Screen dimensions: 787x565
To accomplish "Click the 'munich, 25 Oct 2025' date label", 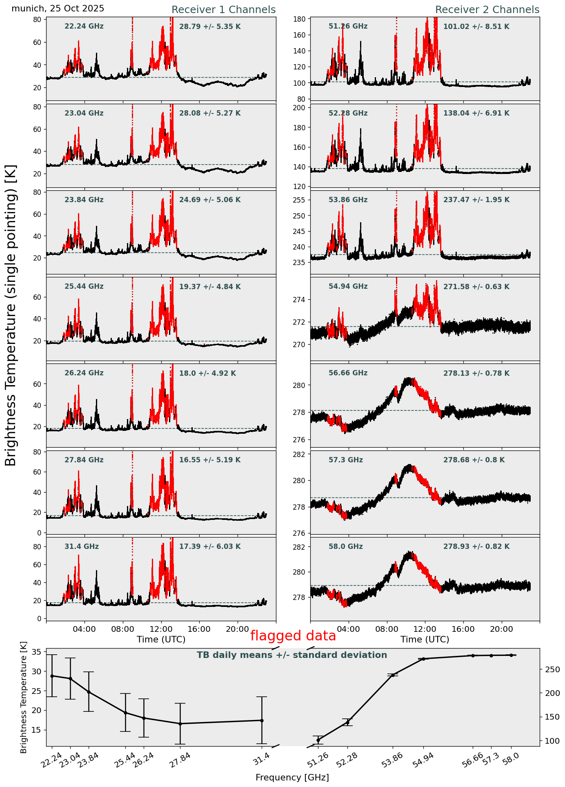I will [x=58, y=9].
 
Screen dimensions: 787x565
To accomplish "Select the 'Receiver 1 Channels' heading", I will [x=223, y=10].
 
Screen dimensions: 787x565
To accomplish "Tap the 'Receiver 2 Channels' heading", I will [x=487, y=10].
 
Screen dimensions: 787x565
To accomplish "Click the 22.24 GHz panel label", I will [x=84, y=27].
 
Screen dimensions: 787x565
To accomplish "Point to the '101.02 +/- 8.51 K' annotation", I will [x=476, y=27].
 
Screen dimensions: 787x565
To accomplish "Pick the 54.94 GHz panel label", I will [x=348, y=287].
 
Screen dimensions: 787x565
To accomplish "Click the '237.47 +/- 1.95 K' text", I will [x=476, y=200].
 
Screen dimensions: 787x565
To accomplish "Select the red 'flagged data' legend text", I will [x=293, y=636].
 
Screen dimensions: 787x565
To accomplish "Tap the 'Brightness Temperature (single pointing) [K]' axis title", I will [x=11, y=315].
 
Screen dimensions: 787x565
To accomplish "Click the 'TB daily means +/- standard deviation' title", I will [x=292, y=655].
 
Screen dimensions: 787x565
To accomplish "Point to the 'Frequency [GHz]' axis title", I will [x=292, y=778].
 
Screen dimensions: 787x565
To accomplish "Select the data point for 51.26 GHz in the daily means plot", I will [x=318, y=740].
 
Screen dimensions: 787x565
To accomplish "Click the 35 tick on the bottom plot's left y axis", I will [x=37, y=652].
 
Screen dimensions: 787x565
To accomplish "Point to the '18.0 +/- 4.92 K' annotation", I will [x=207, y=373].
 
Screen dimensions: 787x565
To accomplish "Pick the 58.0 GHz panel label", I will [x=345, y=546].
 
